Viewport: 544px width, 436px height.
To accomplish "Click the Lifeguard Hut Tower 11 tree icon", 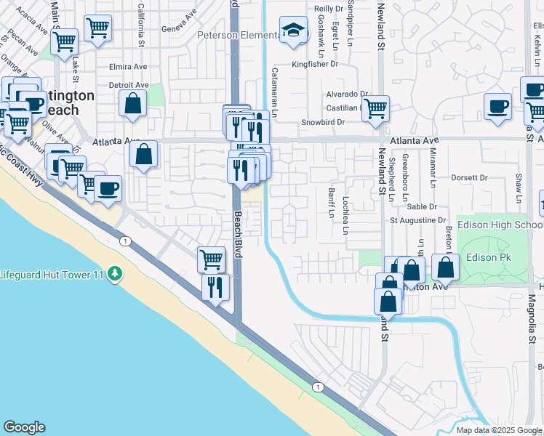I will point(114,274).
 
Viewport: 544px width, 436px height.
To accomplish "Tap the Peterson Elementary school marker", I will point(293,31).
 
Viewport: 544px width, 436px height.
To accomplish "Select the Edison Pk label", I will point(489,257).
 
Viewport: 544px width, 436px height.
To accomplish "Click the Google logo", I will point(24,427).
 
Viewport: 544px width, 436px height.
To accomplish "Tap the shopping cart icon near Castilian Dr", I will point(375,109).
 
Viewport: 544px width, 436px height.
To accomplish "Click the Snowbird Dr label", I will point(322,122).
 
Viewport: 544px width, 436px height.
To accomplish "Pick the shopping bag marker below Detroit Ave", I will point(134,104).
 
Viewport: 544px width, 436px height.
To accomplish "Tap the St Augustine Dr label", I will point(417,219).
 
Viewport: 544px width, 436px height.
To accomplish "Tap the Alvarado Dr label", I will point(347,94).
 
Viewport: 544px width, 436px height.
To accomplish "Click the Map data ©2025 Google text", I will point(499,430).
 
